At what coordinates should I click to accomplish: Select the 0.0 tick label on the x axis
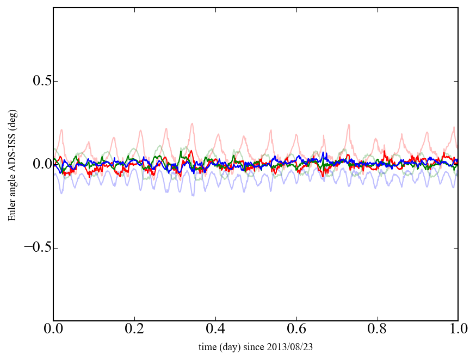click(53, 330)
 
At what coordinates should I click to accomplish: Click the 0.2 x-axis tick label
click(134, 330)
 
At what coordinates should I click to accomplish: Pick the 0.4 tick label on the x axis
click(215, 330)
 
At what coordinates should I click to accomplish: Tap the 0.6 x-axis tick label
click(296, 330)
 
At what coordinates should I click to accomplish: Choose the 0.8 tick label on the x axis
click(378, 330)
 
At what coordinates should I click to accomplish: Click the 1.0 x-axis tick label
click(458, 330)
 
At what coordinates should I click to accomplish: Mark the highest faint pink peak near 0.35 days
click(192, 123)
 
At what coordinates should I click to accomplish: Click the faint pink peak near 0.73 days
click(349, 125)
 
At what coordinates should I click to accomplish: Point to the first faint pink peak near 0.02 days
click(62, 129)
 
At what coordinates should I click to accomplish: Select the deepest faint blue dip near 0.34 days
click(193, 195)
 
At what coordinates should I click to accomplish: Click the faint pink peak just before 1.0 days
click(454, 127)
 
